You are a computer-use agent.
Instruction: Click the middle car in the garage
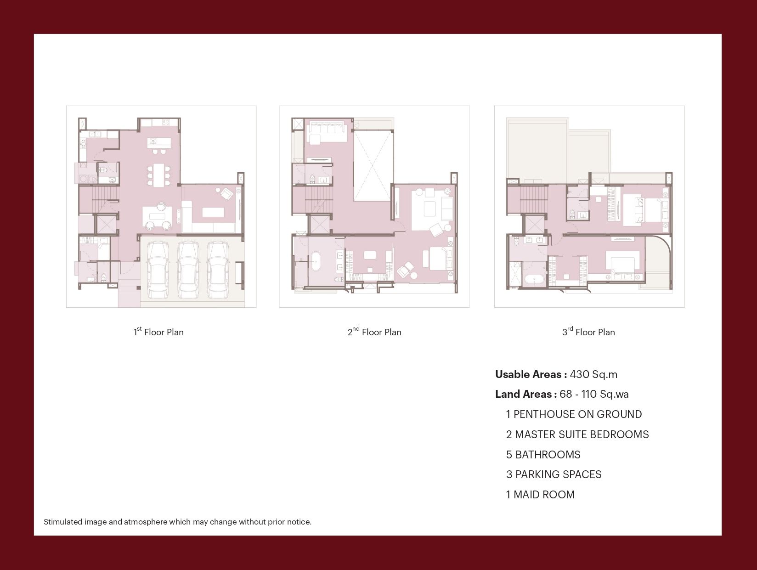point(188,270)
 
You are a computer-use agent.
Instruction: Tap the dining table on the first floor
point(158,175)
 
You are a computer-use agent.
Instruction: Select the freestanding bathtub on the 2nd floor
point(316,262)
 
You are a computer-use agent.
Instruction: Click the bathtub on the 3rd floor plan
point(534,279)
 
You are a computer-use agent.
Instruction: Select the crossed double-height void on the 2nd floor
point(373,165)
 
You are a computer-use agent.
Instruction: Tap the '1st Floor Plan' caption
point(158,332)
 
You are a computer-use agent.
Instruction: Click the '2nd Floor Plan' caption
point(374,332)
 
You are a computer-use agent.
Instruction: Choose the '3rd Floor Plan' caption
point(589,332)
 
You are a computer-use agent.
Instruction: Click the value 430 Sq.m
point(593,374)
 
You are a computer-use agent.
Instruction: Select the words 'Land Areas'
point(524,394)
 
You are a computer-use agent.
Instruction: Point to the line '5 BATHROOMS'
point(543,454)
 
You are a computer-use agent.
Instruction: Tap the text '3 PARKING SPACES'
point(554,474)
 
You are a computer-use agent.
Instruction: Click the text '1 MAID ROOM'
point(540,495)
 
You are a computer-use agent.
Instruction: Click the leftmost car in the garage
point(158,270)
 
